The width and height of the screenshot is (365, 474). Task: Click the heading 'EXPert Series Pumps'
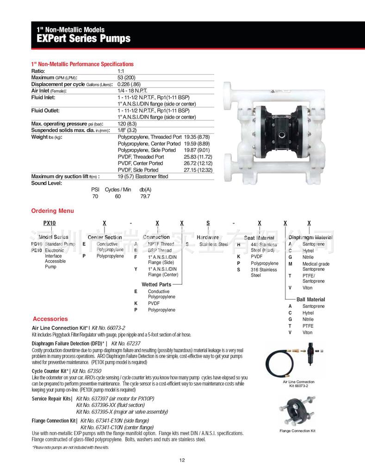(x=80, y=38)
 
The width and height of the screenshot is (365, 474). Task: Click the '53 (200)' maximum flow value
(x=127, y=77)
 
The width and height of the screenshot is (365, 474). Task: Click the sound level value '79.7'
(x=145, y=196)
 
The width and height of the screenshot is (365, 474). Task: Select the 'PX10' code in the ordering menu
(x=49, y=223)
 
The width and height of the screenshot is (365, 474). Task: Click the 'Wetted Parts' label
(x=156, y=284)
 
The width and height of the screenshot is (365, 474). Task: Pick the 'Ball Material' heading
(x=310, y=299)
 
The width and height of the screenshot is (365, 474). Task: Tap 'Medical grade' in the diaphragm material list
(x=316, y=264)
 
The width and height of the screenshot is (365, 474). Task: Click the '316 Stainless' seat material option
(x=264, y=269)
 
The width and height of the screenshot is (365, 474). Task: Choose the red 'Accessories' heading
(x=50, y=319)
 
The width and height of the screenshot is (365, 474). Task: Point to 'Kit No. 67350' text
(x=87, y=371)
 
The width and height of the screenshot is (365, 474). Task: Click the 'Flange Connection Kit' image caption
(x=297, y=431)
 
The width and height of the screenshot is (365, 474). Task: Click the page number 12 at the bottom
(x=182, y=460)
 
